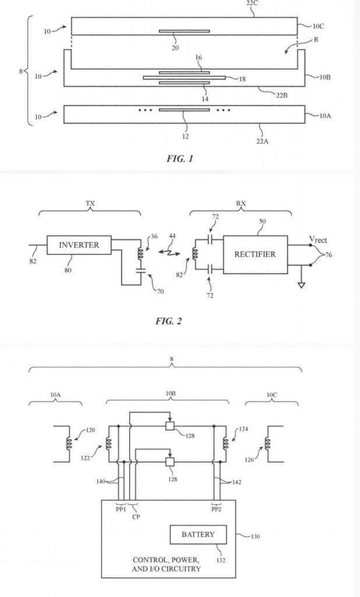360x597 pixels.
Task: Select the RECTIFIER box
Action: click(x=255, y=254)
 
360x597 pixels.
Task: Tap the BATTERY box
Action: click(x=198, y=534)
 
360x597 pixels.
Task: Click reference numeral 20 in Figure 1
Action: click(x=175, y=48)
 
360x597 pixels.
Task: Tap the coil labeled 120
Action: click(x=69, y=443)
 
